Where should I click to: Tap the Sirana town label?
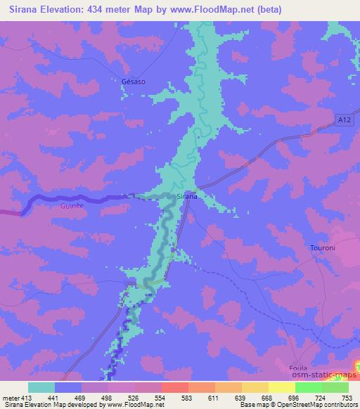coord(186,197)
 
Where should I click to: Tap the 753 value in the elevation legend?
coord(347,397)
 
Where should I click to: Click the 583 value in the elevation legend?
coord(188,397)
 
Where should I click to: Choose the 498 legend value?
coord(108,397)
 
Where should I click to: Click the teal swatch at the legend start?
coord(41,387)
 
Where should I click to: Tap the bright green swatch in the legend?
coord(309,387)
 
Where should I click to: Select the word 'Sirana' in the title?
coord(22,10)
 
